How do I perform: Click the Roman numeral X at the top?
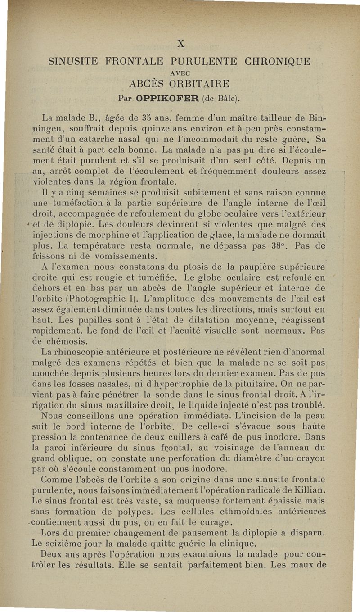click(x=181, y=44)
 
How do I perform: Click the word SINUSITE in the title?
click(x=74, y=61)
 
